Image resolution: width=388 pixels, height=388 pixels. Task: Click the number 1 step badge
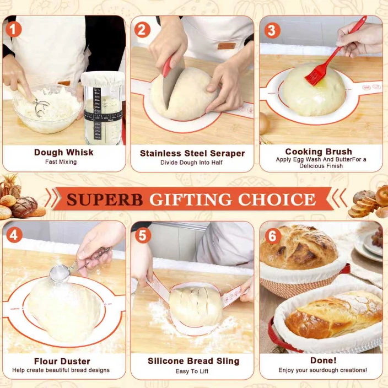point(14,29)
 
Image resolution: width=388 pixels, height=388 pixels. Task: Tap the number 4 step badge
point(14,235)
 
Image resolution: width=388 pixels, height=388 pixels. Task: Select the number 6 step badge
point(273,236)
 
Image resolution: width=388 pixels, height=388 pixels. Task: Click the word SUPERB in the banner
point(105,200)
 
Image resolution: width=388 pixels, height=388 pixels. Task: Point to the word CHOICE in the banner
point(277,199)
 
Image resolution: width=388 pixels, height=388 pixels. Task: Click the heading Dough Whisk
point(64,152)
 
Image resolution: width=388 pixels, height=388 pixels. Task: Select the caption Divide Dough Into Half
point(191,163)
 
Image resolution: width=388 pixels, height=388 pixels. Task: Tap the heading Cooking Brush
point(319,152)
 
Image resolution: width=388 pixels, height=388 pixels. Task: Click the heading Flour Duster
point(62,362)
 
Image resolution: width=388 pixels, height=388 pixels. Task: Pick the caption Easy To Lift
point(192,371)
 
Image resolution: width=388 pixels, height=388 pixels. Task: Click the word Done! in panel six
point(323,360)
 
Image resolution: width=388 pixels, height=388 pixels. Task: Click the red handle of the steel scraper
point(168,66)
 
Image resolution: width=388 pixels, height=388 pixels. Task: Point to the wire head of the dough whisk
point(41,108)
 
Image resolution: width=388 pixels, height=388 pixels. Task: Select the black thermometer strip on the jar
point(97,114)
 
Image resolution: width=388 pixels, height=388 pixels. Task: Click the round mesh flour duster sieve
point(60,274)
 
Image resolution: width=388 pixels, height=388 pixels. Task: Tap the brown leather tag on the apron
point(227,46)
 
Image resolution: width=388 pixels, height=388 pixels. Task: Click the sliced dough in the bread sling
point(196,305)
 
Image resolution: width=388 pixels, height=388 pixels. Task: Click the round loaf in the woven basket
point(298,247)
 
